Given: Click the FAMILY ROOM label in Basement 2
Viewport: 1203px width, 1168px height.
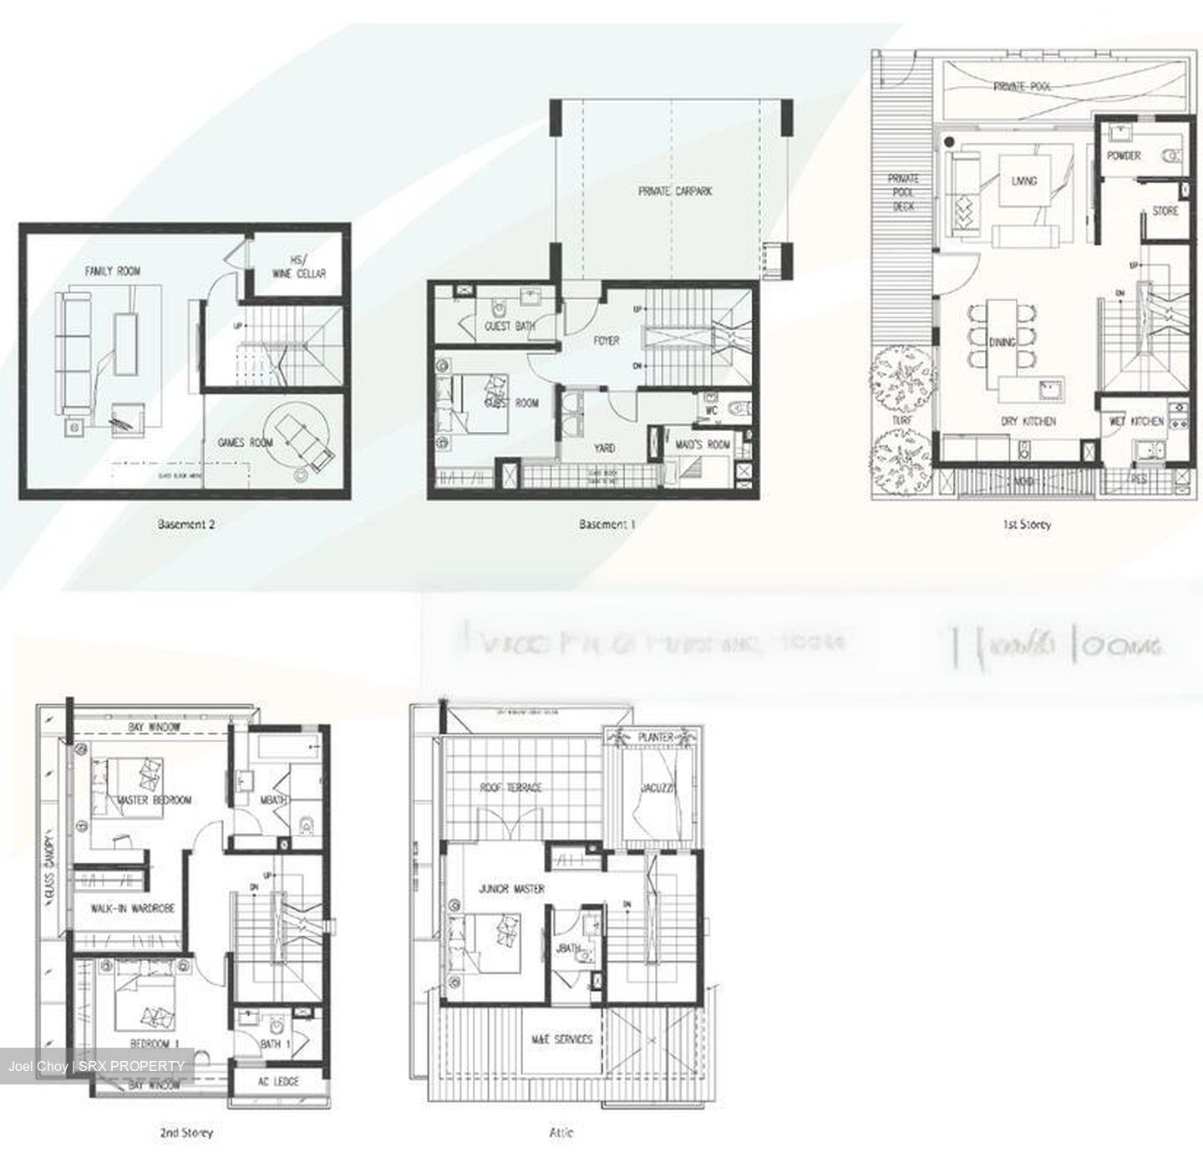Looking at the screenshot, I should (112, 271).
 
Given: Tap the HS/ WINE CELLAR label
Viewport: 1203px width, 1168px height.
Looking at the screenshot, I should (298, 267).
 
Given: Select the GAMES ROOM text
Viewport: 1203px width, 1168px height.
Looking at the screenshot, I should (245, 442).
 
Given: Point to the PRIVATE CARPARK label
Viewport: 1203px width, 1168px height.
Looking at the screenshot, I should (675, 191).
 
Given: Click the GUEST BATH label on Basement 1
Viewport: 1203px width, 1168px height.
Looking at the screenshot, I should (510, 326).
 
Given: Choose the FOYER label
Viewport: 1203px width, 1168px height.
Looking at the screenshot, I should (606, 341).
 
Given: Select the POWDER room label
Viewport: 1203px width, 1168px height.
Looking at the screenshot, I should (1124, 155).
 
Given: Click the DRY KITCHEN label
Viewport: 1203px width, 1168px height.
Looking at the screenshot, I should (1028, 421).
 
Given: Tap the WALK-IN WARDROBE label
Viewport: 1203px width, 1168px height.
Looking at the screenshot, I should (133, 907).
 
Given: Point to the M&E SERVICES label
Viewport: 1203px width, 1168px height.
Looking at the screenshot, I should (561, 1039).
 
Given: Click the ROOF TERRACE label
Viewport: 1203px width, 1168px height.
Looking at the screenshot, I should (510, 787).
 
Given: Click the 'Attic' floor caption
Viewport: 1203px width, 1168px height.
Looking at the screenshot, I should (561, 1133).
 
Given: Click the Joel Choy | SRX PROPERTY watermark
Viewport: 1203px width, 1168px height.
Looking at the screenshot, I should (96, 1066).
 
